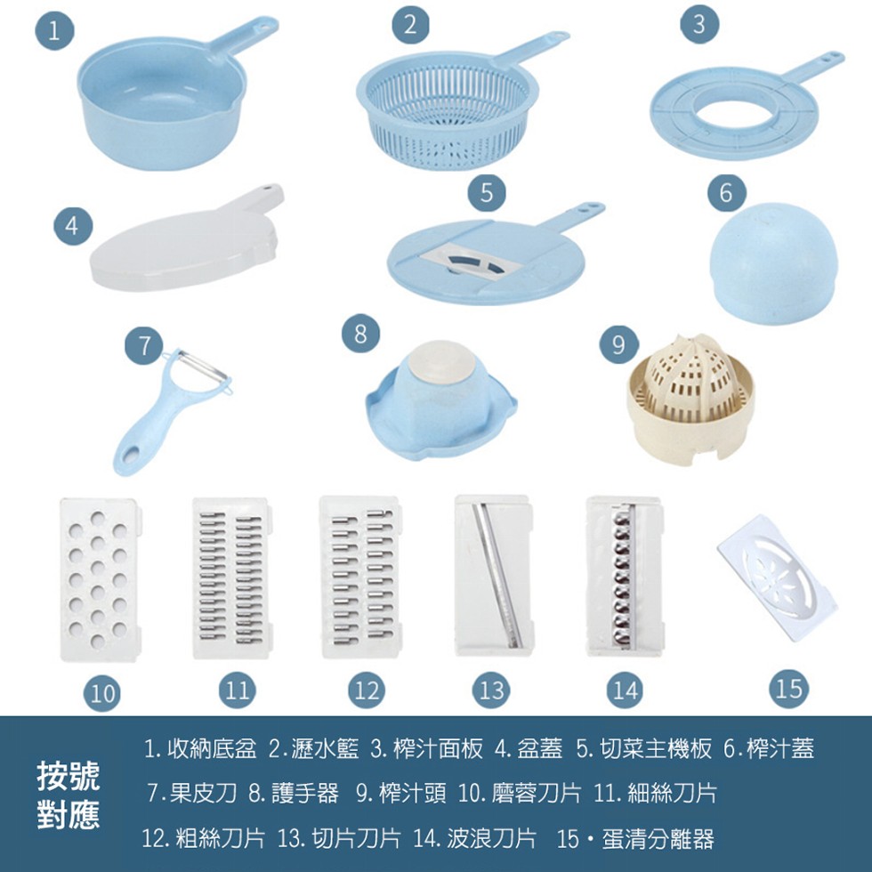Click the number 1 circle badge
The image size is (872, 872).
point(55,33)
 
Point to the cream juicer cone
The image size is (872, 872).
point(690,396)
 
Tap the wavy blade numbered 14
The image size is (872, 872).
point(624,577)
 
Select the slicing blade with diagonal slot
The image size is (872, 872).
point(492,577)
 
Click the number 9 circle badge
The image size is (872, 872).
point(618,345)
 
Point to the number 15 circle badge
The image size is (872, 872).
point(788,689)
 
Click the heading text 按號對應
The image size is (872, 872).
point(69,795)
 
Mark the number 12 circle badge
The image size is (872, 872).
point(366,690)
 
